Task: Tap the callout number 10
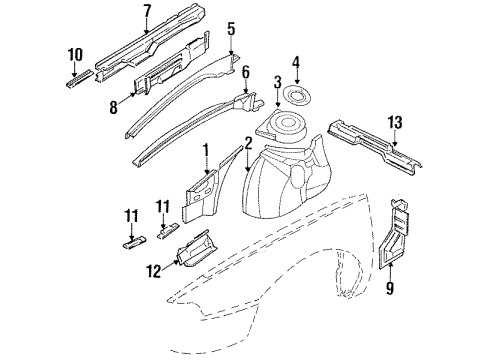click(x=74, y=53)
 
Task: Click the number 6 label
click(x=246, y=72)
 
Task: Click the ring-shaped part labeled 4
click(x=297, y=96)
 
